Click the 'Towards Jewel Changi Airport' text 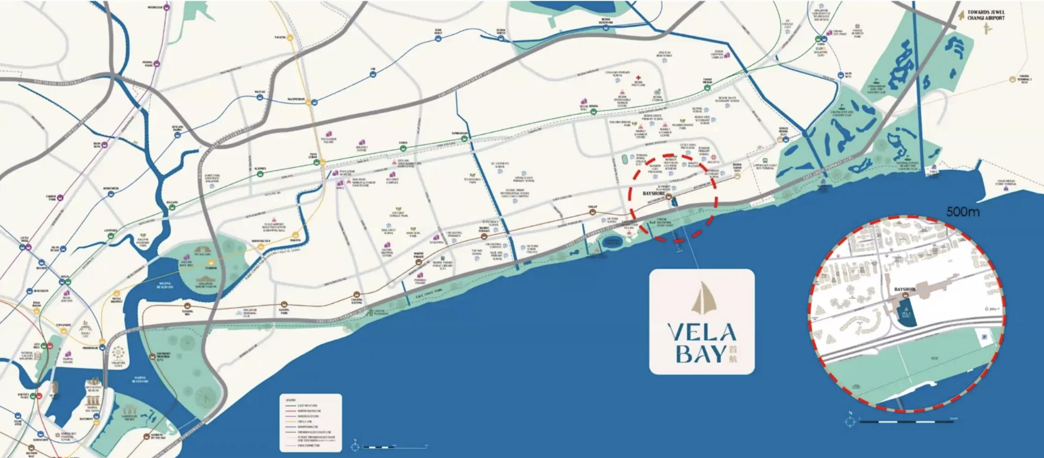pyautogui.click(x=986, y=14)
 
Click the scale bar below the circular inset pyautogui.click(x=906, y=421)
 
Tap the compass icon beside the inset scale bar pyautogui.click(x=850, y=421)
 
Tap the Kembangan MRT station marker pyautogui.click(x=465, y=139)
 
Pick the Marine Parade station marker pyautogui.click(x=419, y=259)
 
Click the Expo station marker pyautogui.click(x=821, y=38)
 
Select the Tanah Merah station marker pyautogui.click(x=707, y=88)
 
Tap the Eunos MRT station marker pyautogui.click(x=403, y=148)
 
